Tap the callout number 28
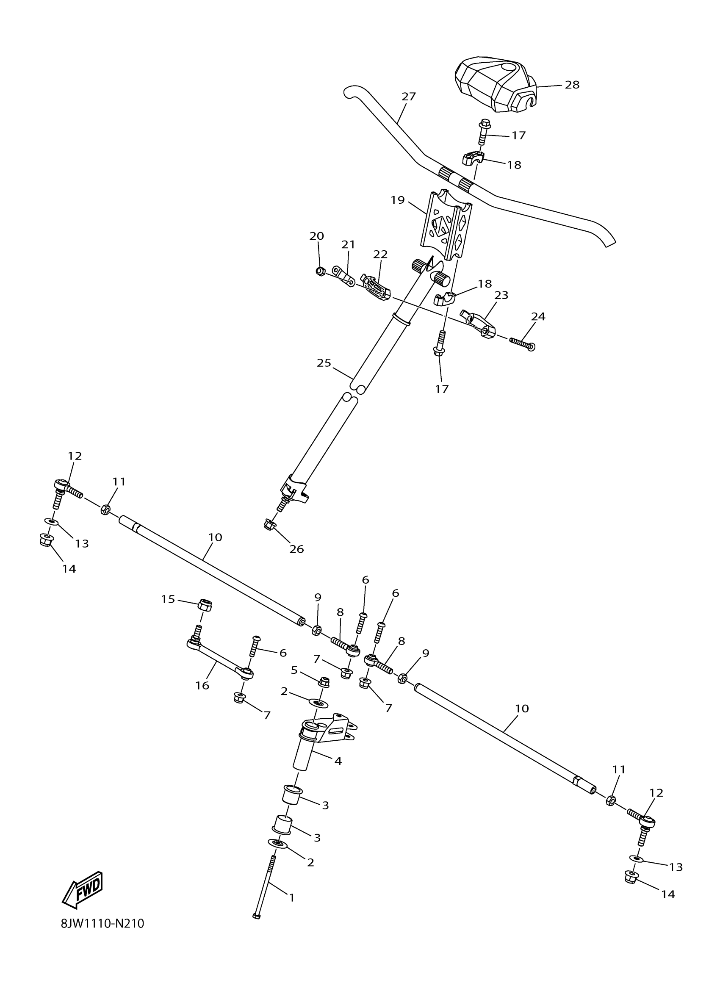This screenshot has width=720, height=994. [572, 85]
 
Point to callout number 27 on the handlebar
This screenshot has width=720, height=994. [408, 97]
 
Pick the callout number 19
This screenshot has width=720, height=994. [397, 200]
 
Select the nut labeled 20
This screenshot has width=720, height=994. [320, 271]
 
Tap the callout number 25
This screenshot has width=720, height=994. [324, 363]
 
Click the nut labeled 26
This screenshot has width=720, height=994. [269, 524]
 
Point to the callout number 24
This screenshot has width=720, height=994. [538, 316]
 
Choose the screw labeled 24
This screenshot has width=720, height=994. [521, 343]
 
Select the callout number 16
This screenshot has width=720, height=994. [202, 685]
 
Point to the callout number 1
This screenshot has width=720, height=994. [292, 897]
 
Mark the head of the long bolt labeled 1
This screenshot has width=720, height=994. [257, 916]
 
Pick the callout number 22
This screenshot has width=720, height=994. [380, 254]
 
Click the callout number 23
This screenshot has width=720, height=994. [501, 295]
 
